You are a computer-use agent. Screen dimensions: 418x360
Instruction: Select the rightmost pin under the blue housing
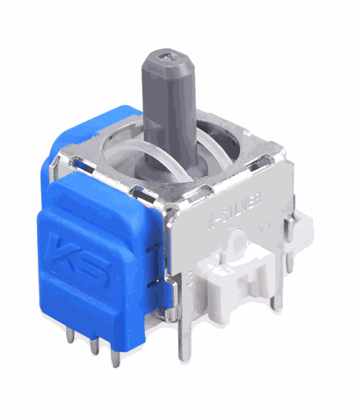(115, 356)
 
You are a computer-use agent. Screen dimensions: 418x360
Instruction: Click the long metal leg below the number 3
(184, 334)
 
